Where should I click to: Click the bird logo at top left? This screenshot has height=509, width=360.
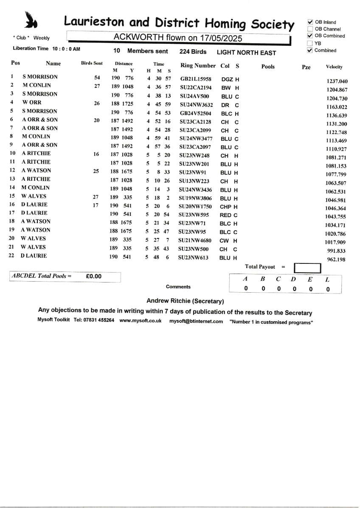coord(31,20)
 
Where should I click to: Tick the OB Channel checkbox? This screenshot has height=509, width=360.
coord(310,29)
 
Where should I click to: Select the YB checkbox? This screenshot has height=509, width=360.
coord(310,43)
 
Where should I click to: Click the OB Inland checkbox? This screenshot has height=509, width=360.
coord(310,22)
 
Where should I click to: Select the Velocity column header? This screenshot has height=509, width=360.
coord(334,67)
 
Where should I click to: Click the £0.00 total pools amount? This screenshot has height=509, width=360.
coord(93,276)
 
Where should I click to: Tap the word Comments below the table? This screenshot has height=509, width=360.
coord(178,287)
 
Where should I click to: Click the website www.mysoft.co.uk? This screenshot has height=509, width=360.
coord(141,321)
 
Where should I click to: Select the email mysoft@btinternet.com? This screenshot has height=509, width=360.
coord(196,321)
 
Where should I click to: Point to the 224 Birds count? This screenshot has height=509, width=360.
coord(193,52)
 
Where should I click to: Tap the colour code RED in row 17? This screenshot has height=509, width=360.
coord(225,215)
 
